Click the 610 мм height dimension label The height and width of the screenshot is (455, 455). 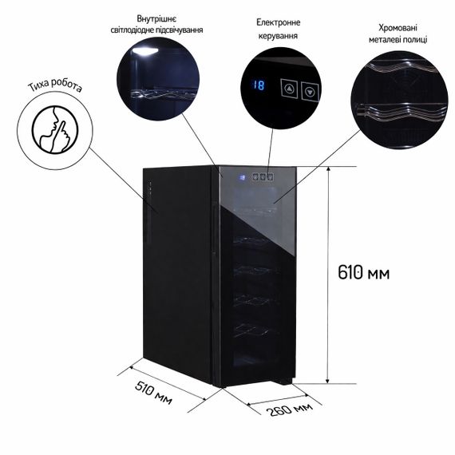point(363,273)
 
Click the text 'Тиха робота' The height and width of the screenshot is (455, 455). point(55,85)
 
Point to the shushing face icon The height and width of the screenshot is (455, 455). point(55,129)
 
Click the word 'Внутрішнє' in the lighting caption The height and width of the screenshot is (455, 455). point(156,19)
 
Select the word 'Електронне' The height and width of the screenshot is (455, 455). point(278,22)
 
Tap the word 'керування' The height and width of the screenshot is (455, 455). point(278,36)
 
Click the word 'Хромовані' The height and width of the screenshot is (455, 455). point(398,28)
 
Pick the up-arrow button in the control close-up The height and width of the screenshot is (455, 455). point(289,89)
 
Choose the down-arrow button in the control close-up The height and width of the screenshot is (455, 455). point(310,92)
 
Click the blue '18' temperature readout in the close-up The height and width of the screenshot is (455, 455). point(259,85)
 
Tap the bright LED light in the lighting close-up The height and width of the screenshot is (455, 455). point(144,51)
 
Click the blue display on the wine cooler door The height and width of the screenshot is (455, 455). point(243,177)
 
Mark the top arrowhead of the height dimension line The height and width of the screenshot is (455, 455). point(328,169)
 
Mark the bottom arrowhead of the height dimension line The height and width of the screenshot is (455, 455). point(327,380)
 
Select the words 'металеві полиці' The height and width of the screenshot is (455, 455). point(398,39)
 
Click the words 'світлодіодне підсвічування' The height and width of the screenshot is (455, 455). point(156,30)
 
